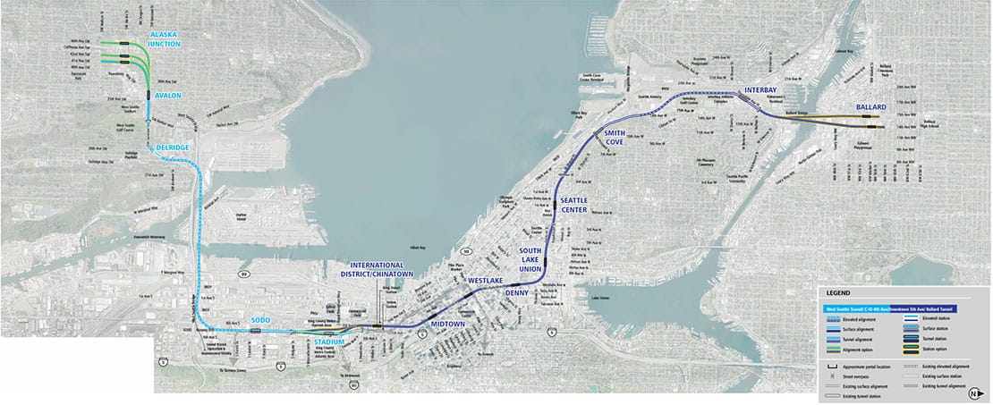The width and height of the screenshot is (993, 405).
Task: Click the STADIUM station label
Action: click(330, 342)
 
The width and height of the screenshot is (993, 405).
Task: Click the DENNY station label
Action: click(516, 292)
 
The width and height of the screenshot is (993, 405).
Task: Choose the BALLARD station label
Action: click(870, 106)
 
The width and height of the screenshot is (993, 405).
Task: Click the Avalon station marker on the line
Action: click(147, 92)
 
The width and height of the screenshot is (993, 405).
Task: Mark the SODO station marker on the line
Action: click(256, 330)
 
